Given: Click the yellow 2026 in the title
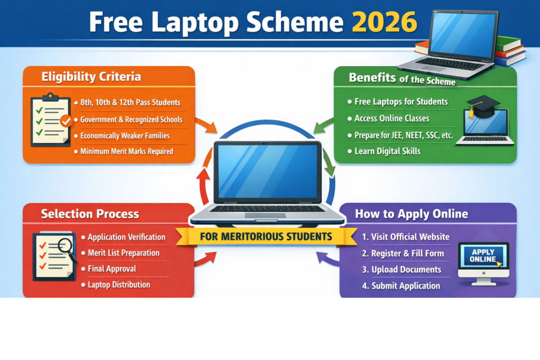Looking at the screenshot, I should point(384,22).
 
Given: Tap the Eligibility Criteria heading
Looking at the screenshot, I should point(91,77).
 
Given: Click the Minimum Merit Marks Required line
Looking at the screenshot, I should point(127,151).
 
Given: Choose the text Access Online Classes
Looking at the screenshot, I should point(392,118).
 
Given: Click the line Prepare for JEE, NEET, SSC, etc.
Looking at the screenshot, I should point(403,135).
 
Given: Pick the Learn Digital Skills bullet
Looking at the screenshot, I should point(388,151).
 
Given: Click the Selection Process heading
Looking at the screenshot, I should point(90,214).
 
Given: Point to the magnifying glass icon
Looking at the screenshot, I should point(65,247).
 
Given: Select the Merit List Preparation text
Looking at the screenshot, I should point(123,253).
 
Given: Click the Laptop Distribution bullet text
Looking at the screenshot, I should point(119,285).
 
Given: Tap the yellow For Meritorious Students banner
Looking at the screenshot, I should point(266,236).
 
